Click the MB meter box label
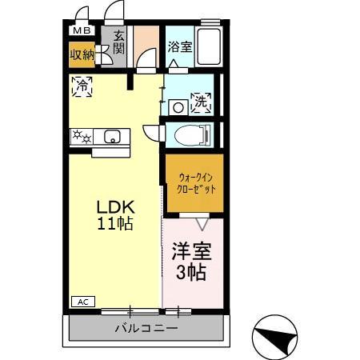81,31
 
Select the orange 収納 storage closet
82,54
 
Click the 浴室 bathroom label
179,47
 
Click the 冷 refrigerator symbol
82,86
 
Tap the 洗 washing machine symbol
201,102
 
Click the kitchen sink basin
110,136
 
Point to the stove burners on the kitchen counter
82,137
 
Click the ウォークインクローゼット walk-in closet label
194,183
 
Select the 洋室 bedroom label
193,253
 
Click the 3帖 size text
193,273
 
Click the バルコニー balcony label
145,328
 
